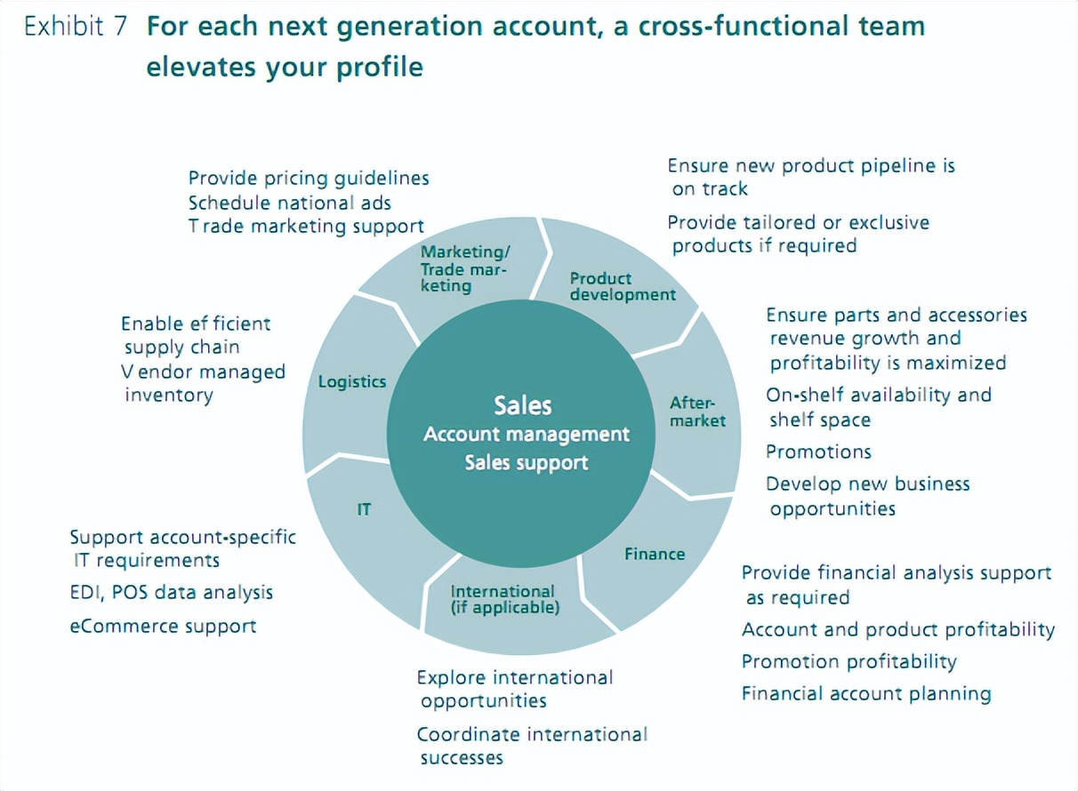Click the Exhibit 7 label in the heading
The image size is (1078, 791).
pos(76,28)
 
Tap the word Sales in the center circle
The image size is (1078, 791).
pos(523,406)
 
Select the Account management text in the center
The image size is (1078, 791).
pos(526,435)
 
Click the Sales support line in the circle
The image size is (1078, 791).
pos(526,463)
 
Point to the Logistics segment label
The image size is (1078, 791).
pos(352,381)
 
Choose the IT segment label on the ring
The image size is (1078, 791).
pos(364,510)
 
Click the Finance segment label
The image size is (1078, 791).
pos(655,554)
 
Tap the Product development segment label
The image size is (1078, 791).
pos(623,286)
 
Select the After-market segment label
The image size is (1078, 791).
pos(697,411)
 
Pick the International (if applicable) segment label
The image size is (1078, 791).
pos(503,600)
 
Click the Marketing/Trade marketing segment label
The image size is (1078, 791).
pos(464,268)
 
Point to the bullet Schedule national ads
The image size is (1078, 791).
pos(290,203)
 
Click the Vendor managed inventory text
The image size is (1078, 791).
pos(204,383)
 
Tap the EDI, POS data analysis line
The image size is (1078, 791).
pos(172,593)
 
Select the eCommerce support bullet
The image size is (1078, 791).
pos(164,627)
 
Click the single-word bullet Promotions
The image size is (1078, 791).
pos(818,452)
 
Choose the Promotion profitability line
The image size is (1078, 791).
pos(849,662)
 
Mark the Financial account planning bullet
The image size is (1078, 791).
pos(866,694)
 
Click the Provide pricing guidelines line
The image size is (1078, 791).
pos(309,179)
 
